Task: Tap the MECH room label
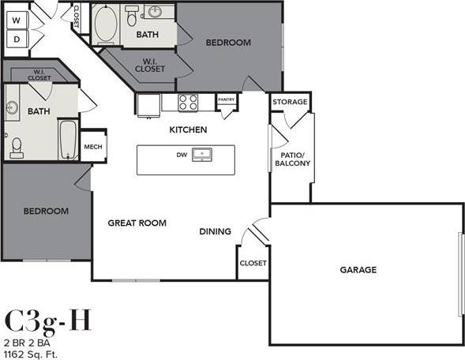[x=93, y=147]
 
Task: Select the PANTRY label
[x=227, y=100]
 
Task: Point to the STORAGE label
[x=290, y=103]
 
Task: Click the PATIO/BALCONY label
[x=292, y=159]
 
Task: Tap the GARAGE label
[x=358, y=270]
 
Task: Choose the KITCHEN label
[x=189, y=129]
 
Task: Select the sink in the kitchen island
[x=203, y=154]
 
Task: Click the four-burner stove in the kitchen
[x=188, y=102]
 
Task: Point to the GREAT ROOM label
[x=137, y=223]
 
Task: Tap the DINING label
[x=215, y=231]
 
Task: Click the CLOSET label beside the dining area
[x=253, y=263]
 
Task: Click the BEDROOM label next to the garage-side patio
[x=228, y=43]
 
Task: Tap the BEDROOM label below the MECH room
[x=45, y=212]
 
